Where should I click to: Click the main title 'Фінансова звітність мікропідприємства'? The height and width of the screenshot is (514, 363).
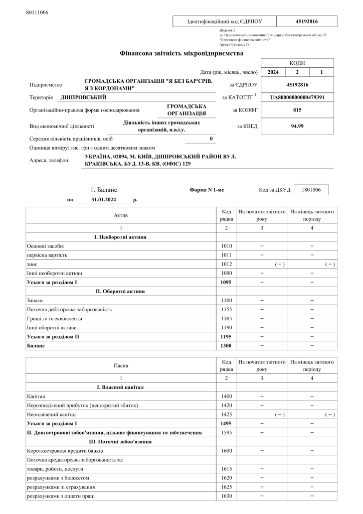(x=181, y=53)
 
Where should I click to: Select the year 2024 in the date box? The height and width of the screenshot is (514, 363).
(x=273, y=72)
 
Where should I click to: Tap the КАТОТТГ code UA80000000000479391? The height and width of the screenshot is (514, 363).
(x=297, y=97)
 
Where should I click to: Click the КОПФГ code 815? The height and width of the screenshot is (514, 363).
(x=297, y=109)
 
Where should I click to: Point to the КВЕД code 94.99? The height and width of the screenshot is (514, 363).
(x=297, y=126)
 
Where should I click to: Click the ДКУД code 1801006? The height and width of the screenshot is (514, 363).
(x=315, y=190)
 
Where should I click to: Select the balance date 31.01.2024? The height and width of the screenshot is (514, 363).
(x=104, y=199)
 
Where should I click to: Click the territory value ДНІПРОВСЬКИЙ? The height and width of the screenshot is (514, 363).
(x=83, y=97)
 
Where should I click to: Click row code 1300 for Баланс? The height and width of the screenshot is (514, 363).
(x=227, y=346)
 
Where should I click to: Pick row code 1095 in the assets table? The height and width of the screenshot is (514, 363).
(x=227, y=283)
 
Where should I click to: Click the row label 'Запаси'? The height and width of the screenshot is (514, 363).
(x=35, y=300)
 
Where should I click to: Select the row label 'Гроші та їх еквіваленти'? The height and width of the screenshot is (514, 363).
(x=54, y=318)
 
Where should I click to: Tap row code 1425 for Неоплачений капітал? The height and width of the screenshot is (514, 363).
(x=227, y=415)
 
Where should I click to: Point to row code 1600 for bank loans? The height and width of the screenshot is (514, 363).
(x=227, y=451)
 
